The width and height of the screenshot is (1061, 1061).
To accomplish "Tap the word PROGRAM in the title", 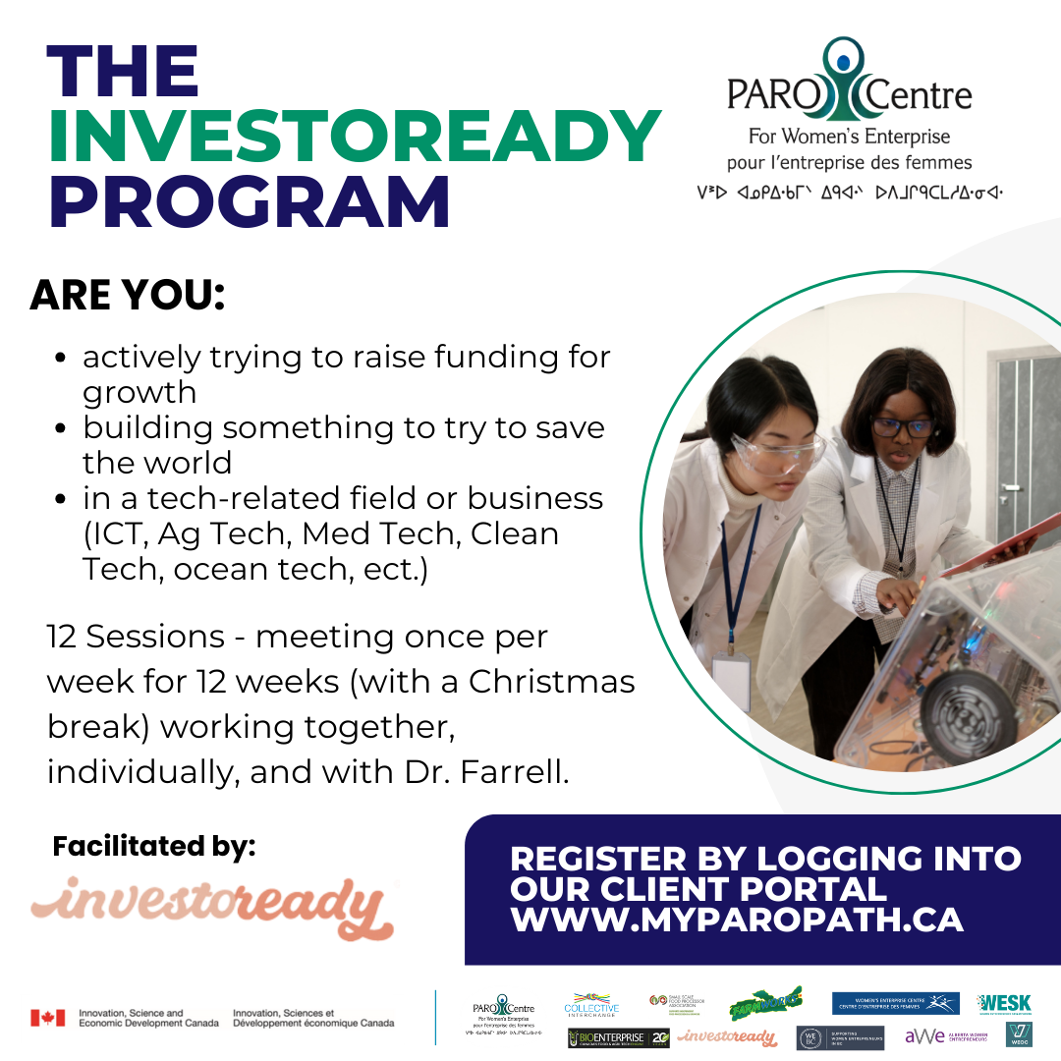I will [250, 201].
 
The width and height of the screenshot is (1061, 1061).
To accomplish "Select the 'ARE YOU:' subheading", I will [128, 296].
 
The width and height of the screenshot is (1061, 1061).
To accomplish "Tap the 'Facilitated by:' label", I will [154, 846].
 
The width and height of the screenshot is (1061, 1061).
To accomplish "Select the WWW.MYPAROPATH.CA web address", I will [737, 921].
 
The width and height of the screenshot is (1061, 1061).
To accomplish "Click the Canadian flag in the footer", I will [47, 1018].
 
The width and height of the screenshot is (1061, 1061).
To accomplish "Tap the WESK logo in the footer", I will [1004, 1004].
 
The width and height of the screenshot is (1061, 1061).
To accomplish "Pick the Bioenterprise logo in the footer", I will [618, 1037].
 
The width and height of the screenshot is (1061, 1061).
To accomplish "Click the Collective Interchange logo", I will [591, 1005].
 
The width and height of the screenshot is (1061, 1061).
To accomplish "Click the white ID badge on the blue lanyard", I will [731, 675].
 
